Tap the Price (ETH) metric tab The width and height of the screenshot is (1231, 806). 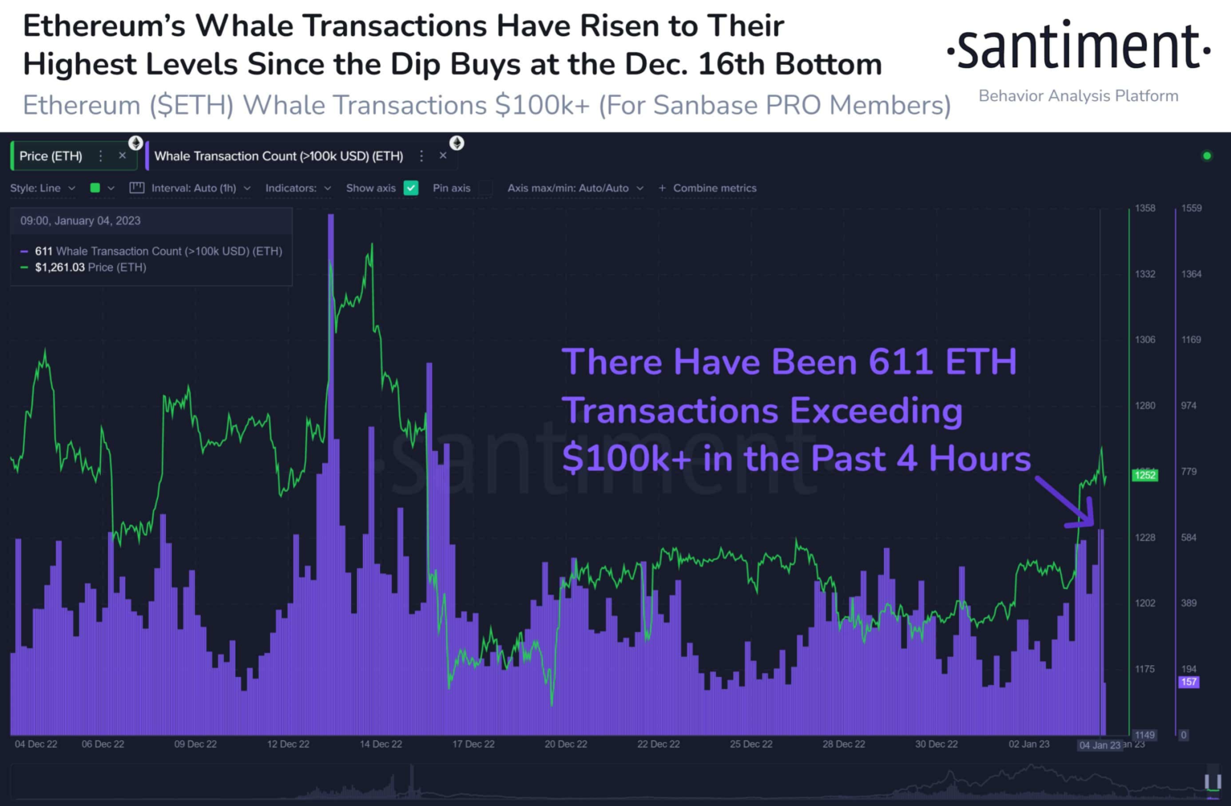click(x=51, y=156)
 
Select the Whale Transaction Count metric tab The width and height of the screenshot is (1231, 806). click(x=278, y=156)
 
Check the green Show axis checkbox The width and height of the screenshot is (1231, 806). click(x=411, y=188)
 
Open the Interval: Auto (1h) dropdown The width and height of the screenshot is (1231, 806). click(x=193, y=188)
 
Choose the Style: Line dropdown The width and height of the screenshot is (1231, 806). click(x=42, y=188)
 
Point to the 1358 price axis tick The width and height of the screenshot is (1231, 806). click(x=1144, y=208)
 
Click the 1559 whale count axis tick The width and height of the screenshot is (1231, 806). click(x=1191, y=208)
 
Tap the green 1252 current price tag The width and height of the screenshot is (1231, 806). click(x=1144, y=475)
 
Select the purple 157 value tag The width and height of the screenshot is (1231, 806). click(x=1188, y=682)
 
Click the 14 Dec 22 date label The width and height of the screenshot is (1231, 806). click(x=381, y=744)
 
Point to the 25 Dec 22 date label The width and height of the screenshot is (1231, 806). click(x=751, y=744)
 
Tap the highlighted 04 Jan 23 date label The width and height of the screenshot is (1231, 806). click(x=1099, y=745)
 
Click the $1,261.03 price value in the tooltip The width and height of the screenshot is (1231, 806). click(x=59, y=268)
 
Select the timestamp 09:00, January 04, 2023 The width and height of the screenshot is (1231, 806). click(x=80, y=221)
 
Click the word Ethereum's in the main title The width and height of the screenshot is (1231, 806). click(x=104, y=26)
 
